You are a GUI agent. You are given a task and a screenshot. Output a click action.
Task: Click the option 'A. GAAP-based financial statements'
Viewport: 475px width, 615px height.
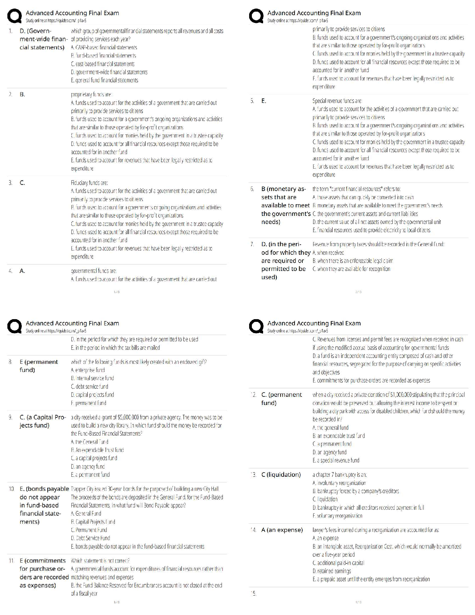104,47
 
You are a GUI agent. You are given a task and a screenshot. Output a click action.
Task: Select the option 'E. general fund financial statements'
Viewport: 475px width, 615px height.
104,80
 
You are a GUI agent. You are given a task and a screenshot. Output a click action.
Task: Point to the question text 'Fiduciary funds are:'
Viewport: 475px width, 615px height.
89,182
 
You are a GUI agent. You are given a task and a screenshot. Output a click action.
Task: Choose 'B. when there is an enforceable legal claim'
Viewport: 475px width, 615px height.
353,261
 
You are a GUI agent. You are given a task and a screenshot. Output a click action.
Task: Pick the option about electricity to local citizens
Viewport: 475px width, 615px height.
371,230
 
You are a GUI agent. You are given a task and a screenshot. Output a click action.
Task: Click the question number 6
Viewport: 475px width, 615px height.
252,189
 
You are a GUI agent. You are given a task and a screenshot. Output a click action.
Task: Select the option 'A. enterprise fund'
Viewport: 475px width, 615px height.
88,370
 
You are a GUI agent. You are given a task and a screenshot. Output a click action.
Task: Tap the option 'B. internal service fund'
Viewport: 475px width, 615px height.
92,378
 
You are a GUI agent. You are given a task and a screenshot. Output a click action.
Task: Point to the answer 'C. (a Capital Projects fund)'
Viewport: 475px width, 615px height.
43,421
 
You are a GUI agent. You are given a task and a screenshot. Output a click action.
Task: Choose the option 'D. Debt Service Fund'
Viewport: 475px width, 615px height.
90,538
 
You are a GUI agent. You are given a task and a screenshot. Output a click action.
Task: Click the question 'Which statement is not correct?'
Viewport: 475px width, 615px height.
100,561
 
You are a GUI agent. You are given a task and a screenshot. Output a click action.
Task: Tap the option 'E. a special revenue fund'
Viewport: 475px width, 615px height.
336,460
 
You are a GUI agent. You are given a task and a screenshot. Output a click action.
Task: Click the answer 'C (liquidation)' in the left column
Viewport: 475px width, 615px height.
281,474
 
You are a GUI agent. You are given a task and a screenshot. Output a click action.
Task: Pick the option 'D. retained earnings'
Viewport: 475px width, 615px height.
332,571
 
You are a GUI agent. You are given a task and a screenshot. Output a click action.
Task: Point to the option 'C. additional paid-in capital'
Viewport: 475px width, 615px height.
338,563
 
